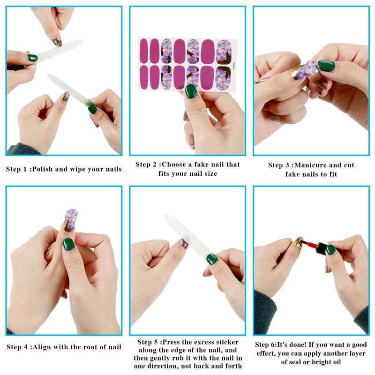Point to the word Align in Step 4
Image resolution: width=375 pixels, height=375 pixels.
[41, 347]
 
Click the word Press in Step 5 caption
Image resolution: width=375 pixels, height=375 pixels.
[172, 342]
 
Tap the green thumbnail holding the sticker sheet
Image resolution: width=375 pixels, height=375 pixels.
[191, 91]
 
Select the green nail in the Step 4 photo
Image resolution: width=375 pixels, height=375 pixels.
[68, 244]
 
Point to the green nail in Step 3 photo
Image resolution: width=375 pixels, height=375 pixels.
[326, 66]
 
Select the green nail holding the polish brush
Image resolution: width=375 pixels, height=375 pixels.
[331, 250]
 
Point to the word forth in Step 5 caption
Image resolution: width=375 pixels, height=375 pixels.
[233, 366]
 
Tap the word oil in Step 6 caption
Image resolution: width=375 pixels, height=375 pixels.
[336, 362]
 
